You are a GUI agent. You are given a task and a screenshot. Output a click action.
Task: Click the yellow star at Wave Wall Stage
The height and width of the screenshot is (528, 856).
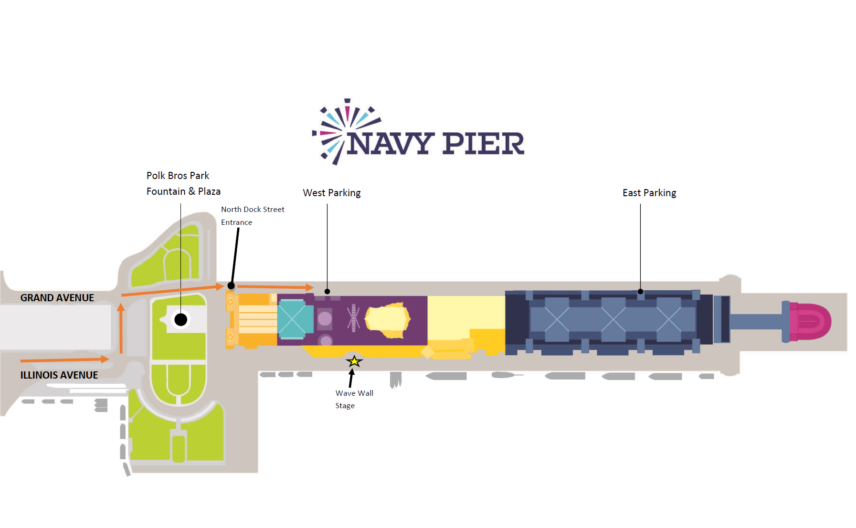coord(354,361)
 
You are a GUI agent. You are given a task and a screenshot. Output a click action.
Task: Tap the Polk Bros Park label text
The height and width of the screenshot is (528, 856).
coord(178,176)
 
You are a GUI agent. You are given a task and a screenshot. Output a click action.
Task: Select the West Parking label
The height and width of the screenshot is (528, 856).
coord(331,193)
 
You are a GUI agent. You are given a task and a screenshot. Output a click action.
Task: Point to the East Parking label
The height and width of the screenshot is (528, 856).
coord(649,193)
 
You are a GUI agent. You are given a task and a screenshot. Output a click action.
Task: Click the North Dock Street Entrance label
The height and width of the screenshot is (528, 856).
coord(252,216)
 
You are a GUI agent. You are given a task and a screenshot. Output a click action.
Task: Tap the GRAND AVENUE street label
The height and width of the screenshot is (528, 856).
coord(57,298)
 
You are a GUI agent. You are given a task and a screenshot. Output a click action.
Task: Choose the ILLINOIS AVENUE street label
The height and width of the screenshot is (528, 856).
coord(59,375)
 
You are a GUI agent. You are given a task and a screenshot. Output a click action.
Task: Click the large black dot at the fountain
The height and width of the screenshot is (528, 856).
coord(180,319)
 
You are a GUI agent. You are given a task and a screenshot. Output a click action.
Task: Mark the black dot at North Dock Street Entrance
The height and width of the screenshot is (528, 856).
coord(231,286)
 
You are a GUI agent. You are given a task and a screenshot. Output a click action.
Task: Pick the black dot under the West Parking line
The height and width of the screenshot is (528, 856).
coord(327,291)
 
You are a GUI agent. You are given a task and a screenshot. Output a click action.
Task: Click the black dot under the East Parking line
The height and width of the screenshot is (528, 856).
coord(640,291)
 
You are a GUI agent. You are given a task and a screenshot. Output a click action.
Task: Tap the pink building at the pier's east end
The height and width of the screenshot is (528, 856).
coord(809,322)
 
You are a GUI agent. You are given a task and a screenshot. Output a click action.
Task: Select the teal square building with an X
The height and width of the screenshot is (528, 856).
coord(292,319)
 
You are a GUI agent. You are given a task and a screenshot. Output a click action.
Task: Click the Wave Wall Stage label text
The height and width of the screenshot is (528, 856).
coord(354,399)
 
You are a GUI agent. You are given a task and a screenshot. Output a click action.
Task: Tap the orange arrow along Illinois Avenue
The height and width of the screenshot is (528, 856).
coord(64,359)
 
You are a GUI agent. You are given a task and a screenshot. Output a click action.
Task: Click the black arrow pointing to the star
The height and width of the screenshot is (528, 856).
coord(351,378)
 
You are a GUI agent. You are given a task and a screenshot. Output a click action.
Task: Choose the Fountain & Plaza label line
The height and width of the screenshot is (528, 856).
coord(183,191)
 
